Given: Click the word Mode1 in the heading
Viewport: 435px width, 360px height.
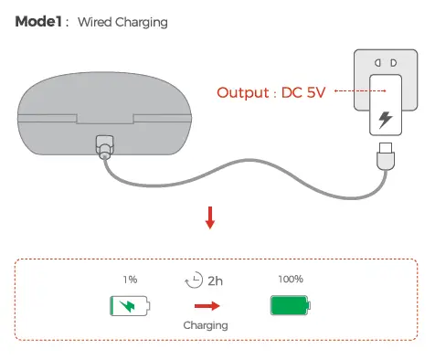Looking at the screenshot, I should [x=37, y=21].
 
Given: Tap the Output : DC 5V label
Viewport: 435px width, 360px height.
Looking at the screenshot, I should [x=271, y=92].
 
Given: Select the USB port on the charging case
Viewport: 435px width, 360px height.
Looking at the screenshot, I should [x=103, y=146].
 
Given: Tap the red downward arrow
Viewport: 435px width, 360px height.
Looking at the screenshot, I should [x=210, y=217].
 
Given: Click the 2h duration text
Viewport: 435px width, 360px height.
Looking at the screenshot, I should [x=215, y=281].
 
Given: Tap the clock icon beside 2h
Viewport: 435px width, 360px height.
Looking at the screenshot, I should [x=193, y=281].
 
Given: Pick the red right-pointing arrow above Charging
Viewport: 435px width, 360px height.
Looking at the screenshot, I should [x=206, y=306].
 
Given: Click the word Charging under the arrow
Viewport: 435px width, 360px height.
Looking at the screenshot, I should [x=206, y=324].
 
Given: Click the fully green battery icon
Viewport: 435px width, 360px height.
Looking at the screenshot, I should [x=291, y=304].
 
